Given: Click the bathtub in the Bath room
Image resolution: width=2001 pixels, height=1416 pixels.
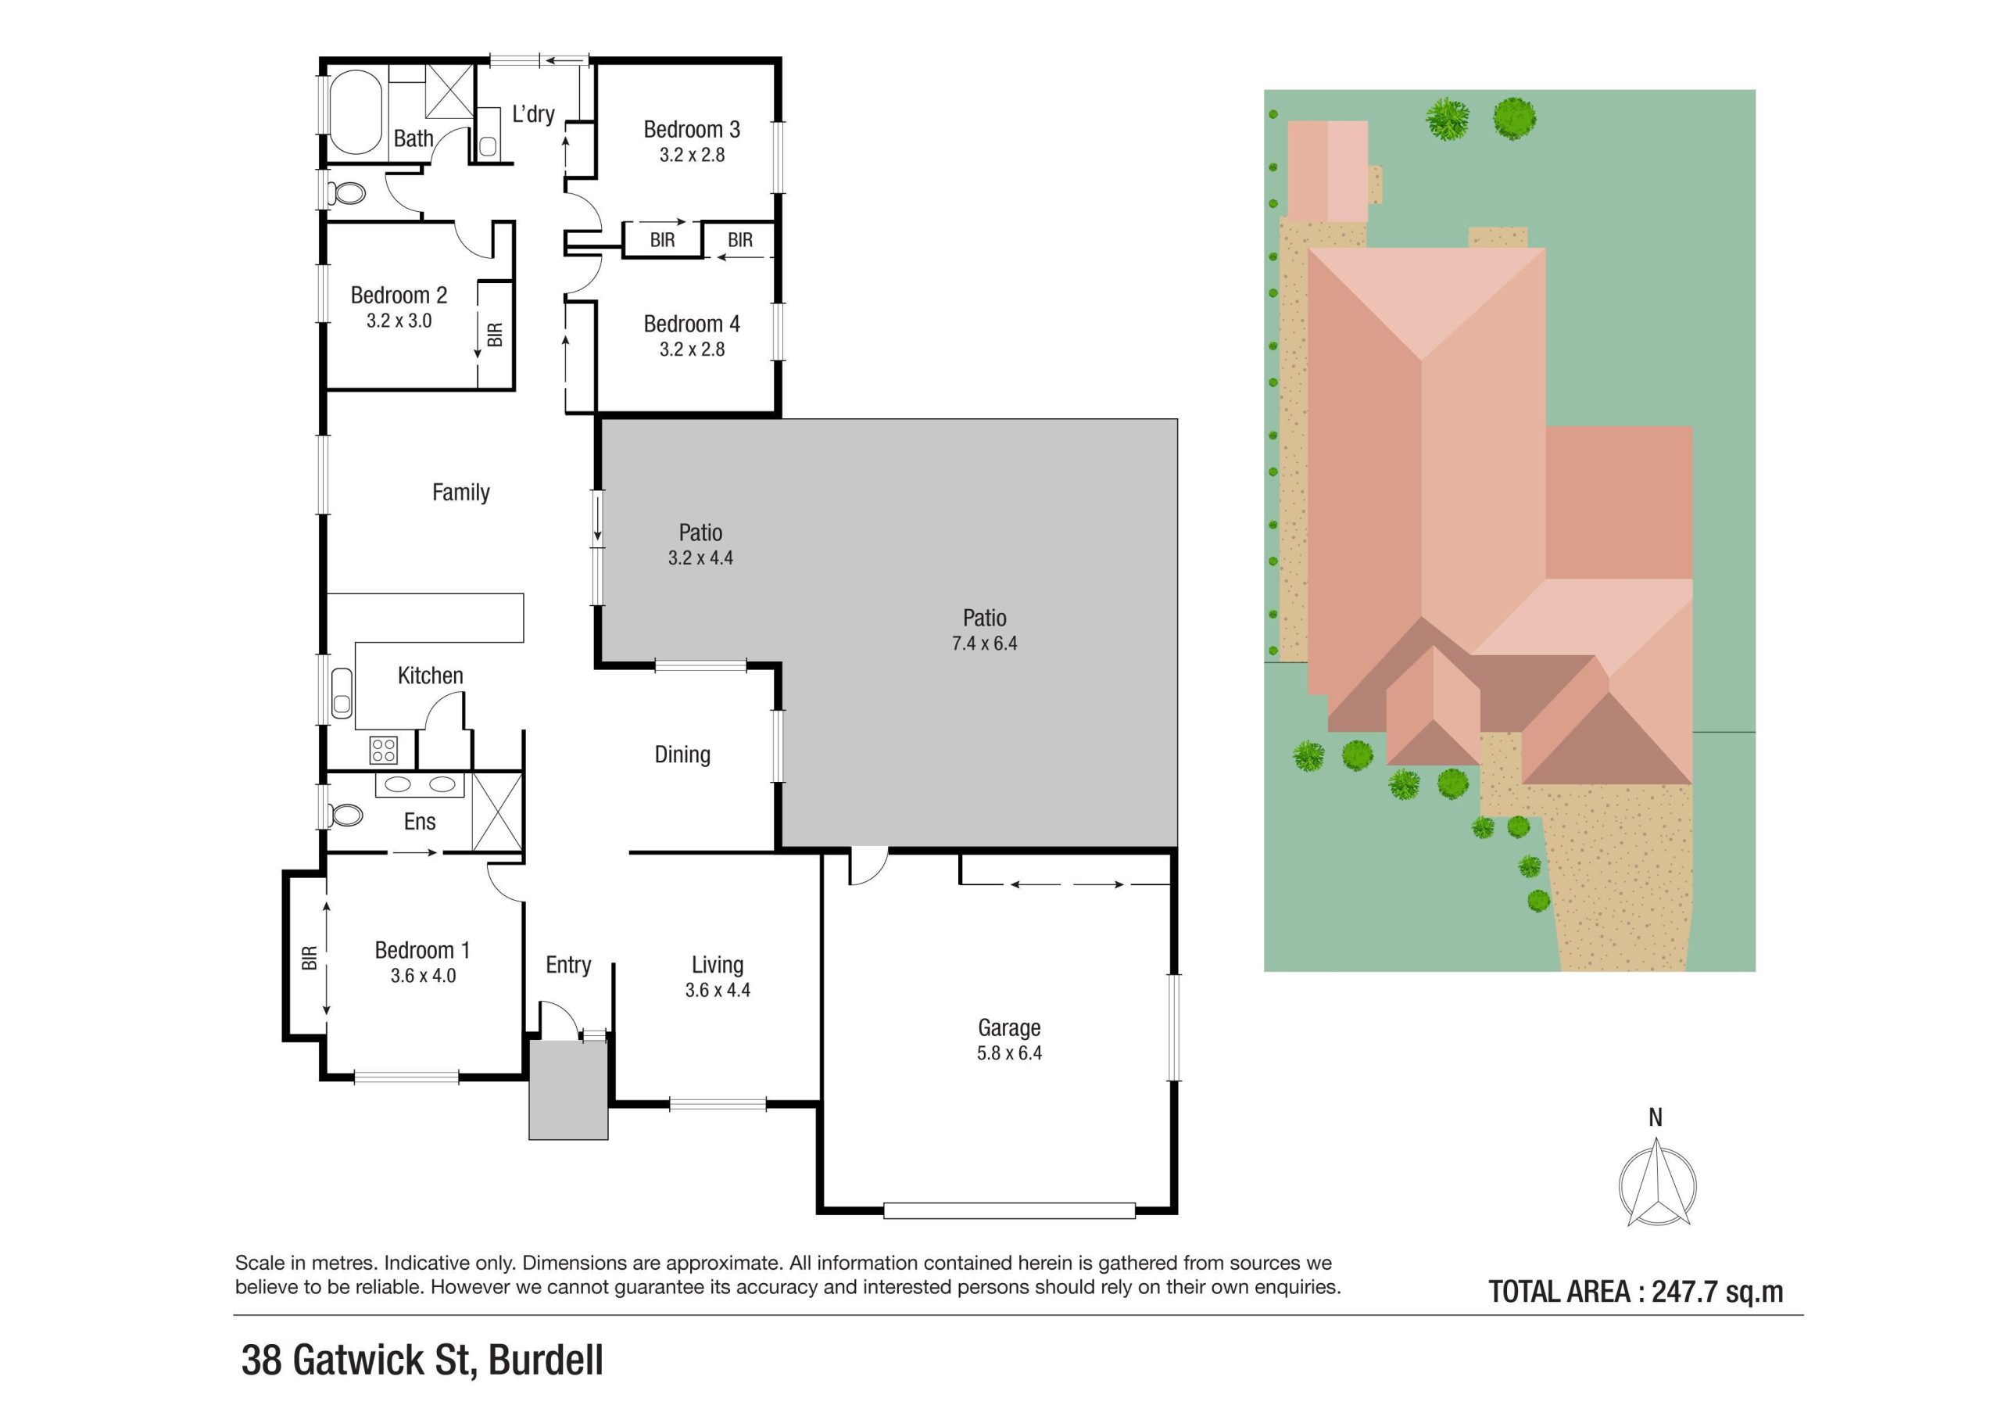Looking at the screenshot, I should [x=355, y=113].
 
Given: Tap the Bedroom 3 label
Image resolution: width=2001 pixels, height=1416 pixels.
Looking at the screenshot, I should [x=691, y=130].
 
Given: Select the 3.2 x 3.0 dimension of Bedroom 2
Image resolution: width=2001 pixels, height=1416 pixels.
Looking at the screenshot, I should [x=399, y=321].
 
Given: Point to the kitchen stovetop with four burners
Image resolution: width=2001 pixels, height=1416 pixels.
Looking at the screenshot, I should [x=384, y=749].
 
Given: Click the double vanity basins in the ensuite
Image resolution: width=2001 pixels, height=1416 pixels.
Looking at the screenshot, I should [x=419, y=784].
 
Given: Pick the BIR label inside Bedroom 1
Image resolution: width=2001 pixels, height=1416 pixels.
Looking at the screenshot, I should [x=310, y=959].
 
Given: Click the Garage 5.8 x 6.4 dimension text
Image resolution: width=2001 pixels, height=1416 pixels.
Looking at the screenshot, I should [x=1008, y=1053].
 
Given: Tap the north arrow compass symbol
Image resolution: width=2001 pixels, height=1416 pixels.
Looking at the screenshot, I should [x=1657, y=1187].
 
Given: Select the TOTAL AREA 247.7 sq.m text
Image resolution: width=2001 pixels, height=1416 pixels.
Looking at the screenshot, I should [x=1635, y=1292].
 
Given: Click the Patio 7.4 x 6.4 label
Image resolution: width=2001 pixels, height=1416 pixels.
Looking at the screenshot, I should [x=984, y=630].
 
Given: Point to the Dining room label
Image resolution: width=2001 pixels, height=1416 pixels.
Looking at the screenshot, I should [x=682, y=755].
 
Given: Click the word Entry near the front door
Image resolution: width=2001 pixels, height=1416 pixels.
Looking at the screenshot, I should [x=568, y=964].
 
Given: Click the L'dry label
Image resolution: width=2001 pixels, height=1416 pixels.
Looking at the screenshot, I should [x=532, y=114].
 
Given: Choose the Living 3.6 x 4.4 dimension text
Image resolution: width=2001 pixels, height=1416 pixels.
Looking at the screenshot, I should [x=717, y=990].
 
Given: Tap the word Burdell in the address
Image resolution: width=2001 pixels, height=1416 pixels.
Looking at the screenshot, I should [x=545, y=1360].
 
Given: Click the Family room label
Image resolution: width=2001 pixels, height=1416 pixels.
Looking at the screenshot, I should [x=460, y=493].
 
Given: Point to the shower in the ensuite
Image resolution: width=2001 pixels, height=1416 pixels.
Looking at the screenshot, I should [x=497, y=811].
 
